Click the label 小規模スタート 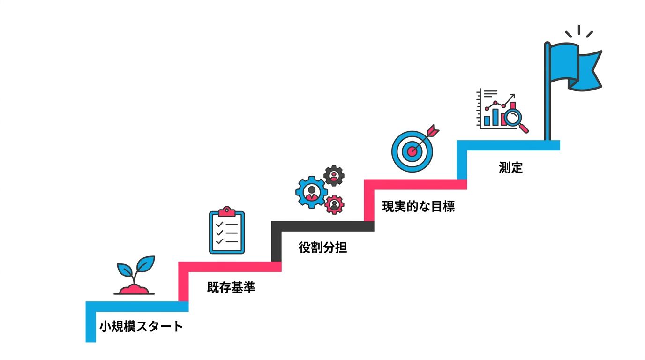point(141,327)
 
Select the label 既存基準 point(231,287)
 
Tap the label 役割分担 point(322,247)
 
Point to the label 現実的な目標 point(418,206)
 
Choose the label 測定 point(510,167)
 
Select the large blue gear point(311,191)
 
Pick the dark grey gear point(334,176)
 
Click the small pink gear point(334,204)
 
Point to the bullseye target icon point(412,150)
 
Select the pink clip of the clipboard point(227,212)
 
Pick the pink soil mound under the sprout point(135,289)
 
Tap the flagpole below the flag point(547,112)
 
